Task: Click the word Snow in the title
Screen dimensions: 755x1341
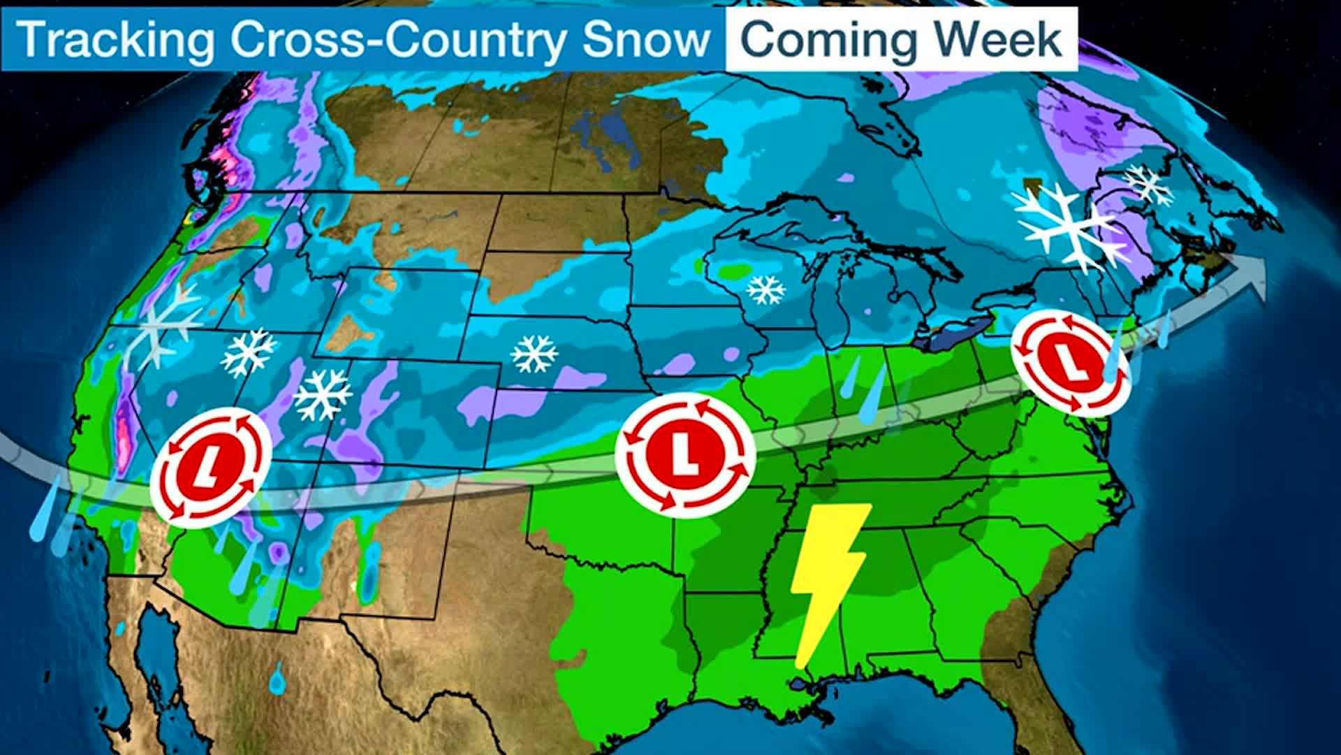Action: (x=645, y=39)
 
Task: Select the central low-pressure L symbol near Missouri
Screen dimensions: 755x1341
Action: (x=685, y=454)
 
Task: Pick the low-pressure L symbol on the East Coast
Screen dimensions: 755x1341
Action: (x=1071, y=363)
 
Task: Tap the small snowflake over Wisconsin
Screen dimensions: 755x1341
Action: (x=765, y=289)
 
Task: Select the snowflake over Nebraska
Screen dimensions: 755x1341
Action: (x=534, y=354)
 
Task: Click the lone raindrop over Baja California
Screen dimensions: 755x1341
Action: (x=278, y=677)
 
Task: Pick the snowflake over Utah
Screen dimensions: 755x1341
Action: (x=322, y=396)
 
